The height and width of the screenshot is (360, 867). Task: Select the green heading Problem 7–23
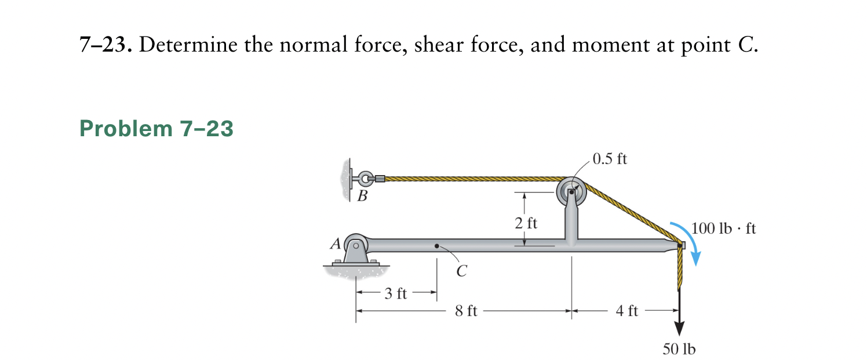pos(156,129)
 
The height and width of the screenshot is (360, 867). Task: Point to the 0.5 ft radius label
pos(610,159)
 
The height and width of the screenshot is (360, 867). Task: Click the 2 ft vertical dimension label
pos(526,223)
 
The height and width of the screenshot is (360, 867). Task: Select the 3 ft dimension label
pos(396,294)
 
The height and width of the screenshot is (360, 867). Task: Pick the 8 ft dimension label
pos(466,311)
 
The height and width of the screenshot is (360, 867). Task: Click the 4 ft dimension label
pos(627,311)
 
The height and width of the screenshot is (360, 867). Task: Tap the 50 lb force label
pos(679,348)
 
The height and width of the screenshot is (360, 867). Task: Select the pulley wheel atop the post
pos(572,191)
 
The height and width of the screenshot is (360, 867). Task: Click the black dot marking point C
pos(437,246)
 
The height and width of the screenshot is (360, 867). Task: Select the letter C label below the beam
pos(461,270)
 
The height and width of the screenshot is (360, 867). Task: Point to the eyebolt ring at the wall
pos(364,179)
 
